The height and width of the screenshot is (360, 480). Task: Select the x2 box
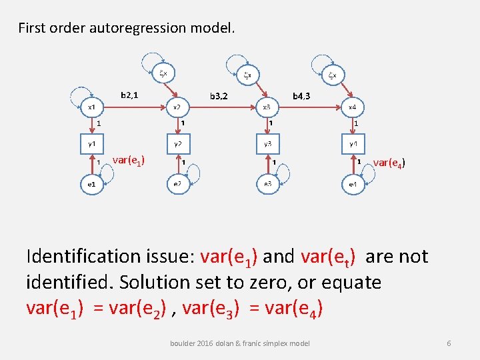(x=177, y=107)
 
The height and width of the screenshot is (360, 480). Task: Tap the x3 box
(x=267, y=107)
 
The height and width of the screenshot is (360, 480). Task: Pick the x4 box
(x=353, y=107)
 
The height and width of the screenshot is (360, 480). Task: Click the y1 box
(x=92, y=143)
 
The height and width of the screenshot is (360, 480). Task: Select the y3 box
(x=267, y=143)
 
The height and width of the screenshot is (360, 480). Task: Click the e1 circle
(x=92, y=184)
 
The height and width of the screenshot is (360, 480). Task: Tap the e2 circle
(x=177, y=184)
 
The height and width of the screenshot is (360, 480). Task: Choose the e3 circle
(x=267, y=184)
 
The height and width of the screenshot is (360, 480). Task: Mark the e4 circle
(x=353, y=184)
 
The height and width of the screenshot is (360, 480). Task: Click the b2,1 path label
(x=129, y=95)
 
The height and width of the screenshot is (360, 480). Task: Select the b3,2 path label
(x=219, y=96)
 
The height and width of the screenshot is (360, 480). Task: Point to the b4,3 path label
(x=301, y=96)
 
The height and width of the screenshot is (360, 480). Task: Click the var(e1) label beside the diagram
(x=129, y=159)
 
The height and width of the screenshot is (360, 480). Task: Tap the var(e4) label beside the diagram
(x=389, y=162)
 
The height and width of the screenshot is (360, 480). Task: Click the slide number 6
(x=449, y=343)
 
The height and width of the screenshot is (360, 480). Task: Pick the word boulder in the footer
(x=184, y=343)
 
